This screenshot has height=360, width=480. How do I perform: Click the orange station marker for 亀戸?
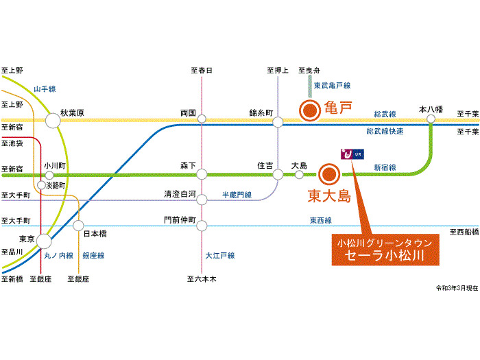pos(310,110)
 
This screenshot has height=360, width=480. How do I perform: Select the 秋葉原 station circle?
pos(53,121)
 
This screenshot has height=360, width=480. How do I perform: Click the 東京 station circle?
pos(44,241)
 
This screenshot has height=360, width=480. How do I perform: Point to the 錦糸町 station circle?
pos(278,122)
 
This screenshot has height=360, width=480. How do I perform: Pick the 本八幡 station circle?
pos(431,119)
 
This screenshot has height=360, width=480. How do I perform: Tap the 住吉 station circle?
pos(278,174)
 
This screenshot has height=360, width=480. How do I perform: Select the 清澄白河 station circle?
pos(202,200)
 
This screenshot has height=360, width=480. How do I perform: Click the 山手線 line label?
pos(45,89)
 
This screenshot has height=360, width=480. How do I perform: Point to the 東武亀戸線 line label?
pos(332,86)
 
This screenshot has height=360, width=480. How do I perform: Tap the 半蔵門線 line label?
pos(237,195)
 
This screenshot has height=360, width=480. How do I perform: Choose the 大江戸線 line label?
pos(220,256)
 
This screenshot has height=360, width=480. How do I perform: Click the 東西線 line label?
pos(320,220)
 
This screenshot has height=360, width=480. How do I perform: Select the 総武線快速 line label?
pos(385,131)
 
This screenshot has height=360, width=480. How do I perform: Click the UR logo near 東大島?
pos(350,155)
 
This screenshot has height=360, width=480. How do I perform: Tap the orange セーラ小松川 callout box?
pos(384,252)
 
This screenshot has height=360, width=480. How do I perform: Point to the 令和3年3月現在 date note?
pos(456,288)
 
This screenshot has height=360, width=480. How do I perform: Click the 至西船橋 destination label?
pos(464,232)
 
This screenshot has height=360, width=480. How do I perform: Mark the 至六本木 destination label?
pos(202,279)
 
